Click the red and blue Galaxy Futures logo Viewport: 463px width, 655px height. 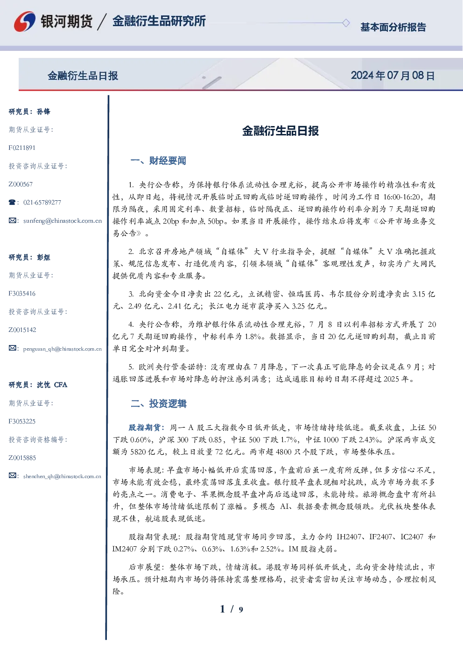click(25, 21)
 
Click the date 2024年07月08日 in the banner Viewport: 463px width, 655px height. click(393, 76)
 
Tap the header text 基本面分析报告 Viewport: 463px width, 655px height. click(393, 27)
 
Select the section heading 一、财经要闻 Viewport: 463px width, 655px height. click(158, 161)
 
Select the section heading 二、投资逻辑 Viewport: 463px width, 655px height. click(158, 403)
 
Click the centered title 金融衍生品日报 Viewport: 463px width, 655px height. click(281, 131)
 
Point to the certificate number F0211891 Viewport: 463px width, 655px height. click(22, 148)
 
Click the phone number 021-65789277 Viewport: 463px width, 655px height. click(42, 202)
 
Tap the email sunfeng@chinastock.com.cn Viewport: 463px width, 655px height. click(63, 221)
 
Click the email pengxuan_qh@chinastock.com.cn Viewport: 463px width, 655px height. click(63, 349)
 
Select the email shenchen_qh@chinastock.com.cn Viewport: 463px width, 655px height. click(62, 476)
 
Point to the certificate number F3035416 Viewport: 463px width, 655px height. click(22, 293)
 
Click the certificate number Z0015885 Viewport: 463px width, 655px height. click(22, 458)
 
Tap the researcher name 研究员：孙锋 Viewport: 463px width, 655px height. click(29, 112)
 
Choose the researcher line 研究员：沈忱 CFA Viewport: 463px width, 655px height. click(38, 385)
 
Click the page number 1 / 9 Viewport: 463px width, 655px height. click(231, 609)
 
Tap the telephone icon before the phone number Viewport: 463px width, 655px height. click(12, 202)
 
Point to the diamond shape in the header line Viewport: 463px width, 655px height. click(346, 23)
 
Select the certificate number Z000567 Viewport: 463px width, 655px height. click(21, 184)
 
